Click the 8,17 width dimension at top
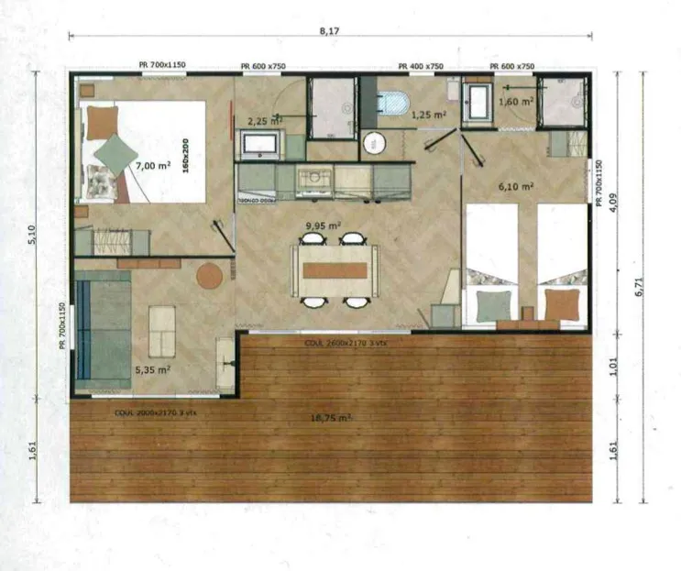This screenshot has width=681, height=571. tap(328, 30)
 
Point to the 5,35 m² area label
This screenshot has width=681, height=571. tap(153, 369)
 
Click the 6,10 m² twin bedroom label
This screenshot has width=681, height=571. tap(516, 186)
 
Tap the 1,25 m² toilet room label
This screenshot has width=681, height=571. tap(428, 115)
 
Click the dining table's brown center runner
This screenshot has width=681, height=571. tap(335, 270)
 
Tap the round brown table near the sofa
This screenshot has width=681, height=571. tap(209, 275)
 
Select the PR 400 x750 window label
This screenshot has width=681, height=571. tap(421, 67)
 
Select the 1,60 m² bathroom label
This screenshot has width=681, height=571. tap(515, 102)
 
